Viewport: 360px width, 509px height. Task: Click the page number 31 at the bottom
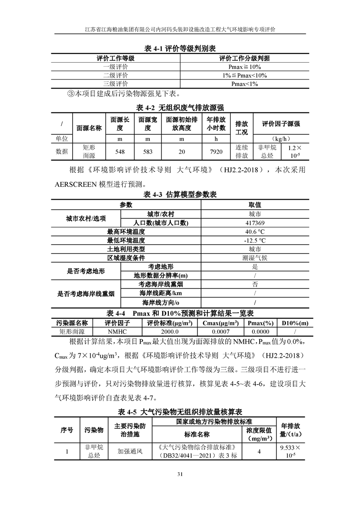tap(180, 475)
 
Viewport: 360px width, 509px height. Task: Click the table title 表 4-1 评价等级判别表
tap(180, 49)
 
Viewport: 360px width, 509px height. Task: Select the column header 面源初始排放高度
tap(181, 124)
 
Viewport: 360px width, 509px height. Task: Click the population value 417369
tap(254, 223)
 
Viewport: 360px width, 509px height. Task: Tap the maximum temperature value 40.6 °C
tap(254, 232)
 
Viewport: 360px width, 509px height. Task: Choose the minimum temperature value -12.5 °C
tap(254, 240)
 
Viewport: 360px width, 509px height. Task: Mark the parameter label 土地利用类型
tap(126, 250)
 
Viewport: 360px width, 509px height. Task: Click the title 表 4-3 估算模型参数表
tap(180, 195)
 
